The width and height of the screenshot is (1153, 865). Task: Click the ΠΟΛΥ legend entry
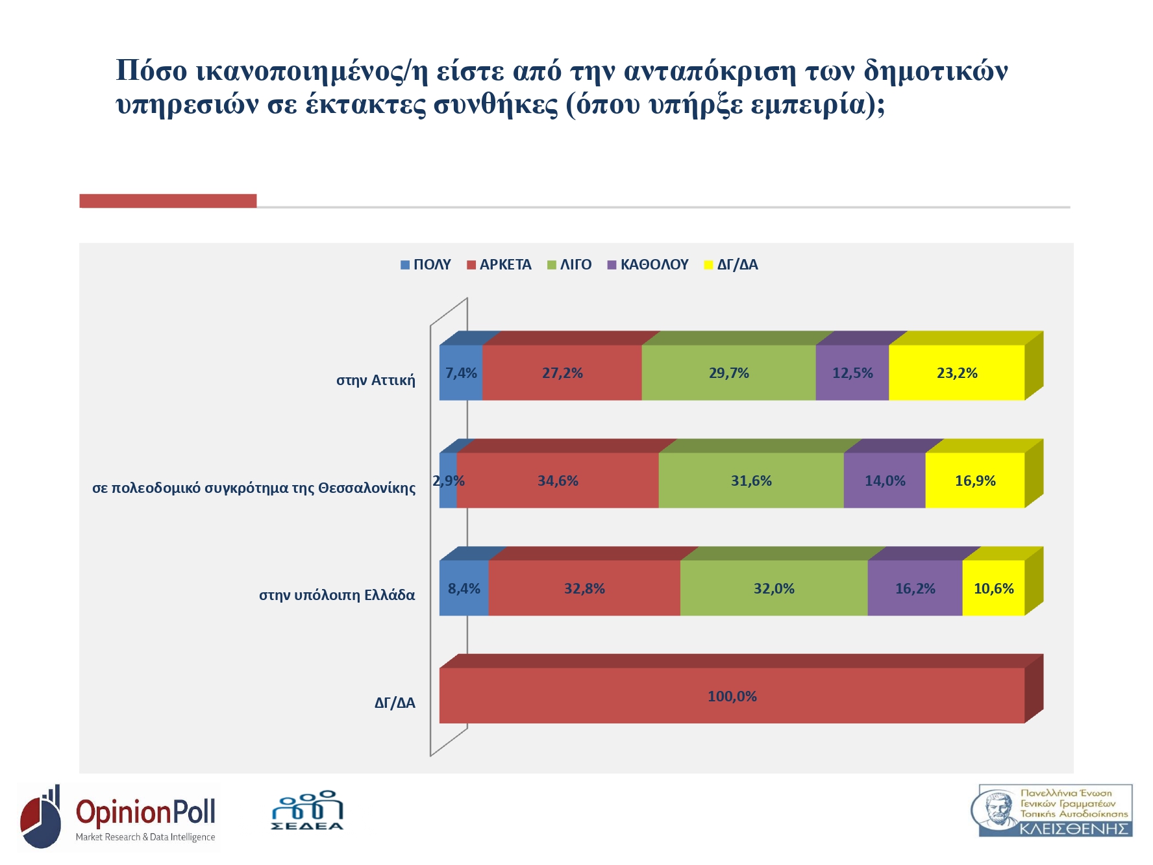click(x=426, y=265)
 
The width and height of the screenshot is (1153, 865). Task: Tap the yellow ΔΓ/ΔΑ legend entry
click(x=731, y=265)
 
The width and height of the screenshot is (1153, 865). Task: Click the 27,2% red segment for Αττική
click(x=562, y=373)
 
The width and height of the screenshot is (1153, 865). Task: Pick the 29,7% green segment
click(x=728, y=373)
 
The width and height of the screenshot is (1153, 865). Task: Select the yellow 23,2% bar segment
click(x=956, y=373)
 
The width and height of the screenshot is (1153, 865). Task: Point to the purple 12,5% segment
click(x=852, y=373)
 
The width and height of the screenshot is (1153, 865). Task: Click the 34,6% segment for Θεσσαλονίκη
click(x=558, y=481)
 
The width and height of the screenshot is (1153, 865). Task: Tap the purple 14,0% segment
click(x=884, y=481)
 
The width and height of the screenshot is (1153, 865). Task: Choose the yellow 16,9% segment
click(x=974, y=481)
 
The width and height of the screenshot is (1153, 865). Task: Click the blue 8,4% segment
click(x=464, y=588)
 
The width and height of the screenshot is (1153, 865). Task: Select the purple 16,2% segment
click(x=915, y=588)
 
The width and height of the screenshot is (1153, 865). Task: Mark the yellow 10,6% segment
click(x=993, y=588)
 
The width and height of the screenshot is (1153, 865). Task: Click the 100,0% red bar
click(x=732, y=696)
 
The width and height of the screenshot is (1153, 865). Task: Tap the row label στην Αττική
click(x=375, y=381)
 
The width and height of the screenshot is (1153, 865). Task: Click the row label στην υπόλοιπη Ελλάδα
click(x=337, y=595)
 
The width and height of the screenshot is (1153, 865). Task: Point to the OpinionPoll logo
click(x=119, y=817)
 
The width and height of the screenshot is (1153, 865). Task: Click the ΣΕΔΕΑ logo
click(x=307, y=811)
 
